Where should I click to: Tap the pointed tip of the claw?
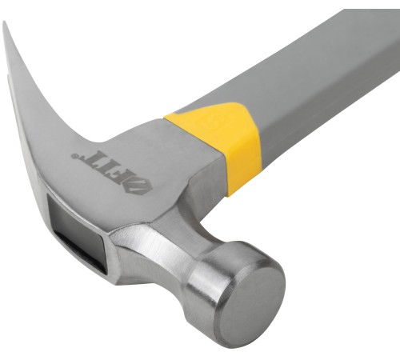(4, 22)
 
